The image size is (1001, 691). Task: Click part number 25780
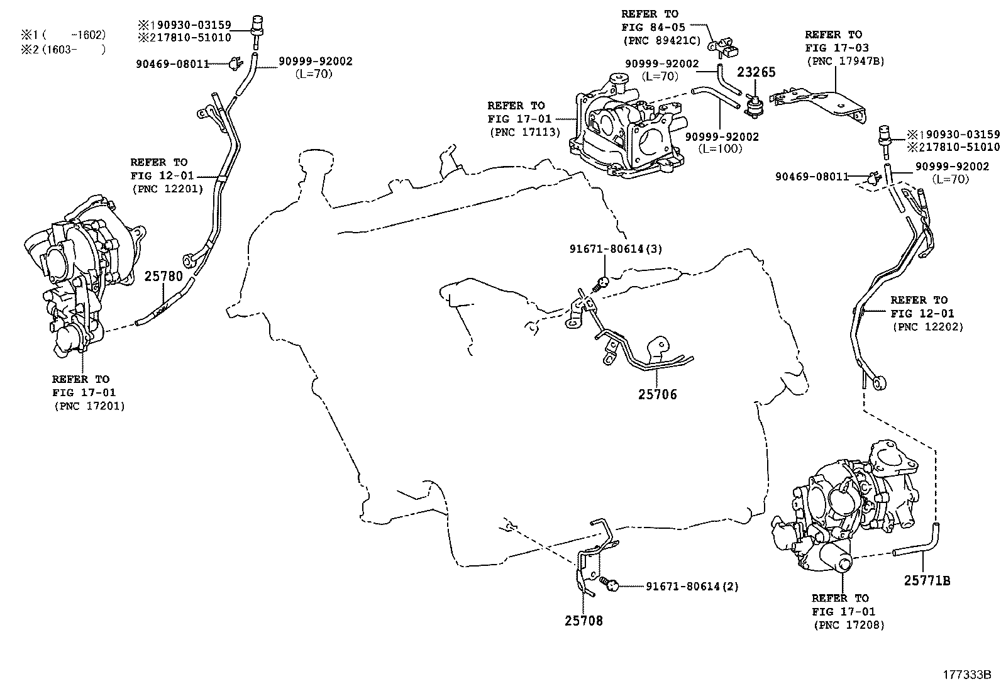point(163,276)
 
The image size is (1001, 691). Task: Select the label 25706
point(658,394)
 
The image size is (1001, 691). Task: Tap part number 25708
point(583,621)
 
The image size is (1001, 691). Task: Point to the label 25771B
point(927,581)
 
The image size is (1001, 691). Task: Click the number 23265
point(756,72)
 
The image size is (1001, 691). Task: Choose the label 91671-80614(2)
point(692,586)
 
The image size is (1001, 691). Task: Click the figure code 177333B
point(966,675)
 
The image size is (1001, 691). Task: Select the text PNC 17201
point(89,406)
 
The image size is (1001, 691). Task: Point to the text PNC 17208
point(849,625)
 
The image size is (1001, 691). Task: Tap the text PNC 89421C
point(660,41)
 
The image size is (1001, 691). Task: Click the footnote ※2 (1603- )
point(60,49)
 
